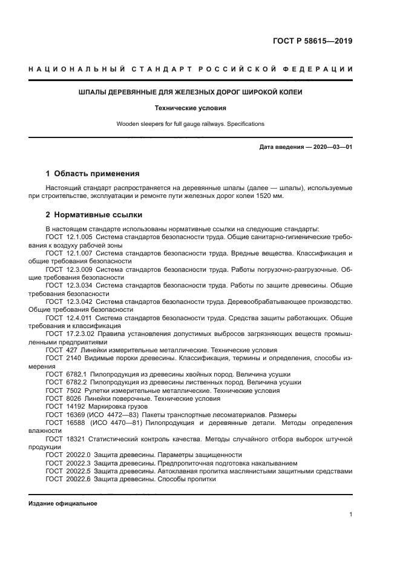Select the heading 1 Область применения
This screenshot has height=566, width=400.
click(93, 173)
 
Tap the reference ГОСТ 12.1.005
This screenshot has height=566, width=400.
click(68, 237)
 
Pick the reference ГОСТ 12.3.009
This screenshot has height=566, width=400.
click(68, 269)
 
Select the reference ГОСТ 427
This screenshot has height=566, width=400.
click(61, 350)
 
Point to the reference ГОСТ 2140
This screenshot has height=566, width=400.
click(62, 358)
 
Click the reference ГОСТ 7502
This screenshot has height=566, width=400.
click(62, 390)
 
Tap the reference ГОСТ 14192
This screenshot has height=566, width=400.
click(64, 406)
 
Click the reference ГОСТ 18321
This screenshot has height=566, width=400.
click(64, 438)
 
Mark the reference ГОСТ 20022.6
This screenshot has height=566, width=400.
click(68, 479)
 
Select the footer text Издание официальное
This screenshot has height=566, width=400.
click(63, 503)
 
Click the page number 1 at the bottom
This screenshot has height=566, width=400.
click(350, 515)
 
